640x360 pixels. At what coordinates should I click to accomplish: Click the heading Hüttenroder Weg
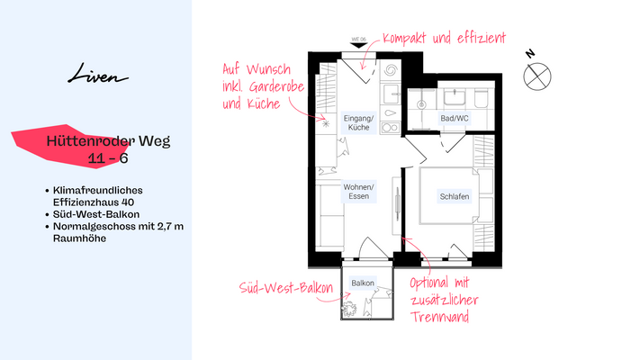tap(108, 141)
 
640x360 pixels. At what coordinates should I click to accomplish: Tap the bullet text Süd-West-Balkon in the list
tap(94, 214)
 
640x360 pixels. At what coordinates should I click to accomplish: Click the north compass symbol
tap(536, 75)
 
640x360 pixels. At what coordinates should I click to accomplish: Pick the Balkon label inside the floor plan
tap(363, 282)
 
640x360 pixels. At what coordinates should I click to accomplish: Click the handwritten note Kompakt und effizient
tap(444, 40)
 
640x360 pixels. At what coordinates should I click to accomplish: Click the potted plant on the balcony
tap(350, 310)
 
